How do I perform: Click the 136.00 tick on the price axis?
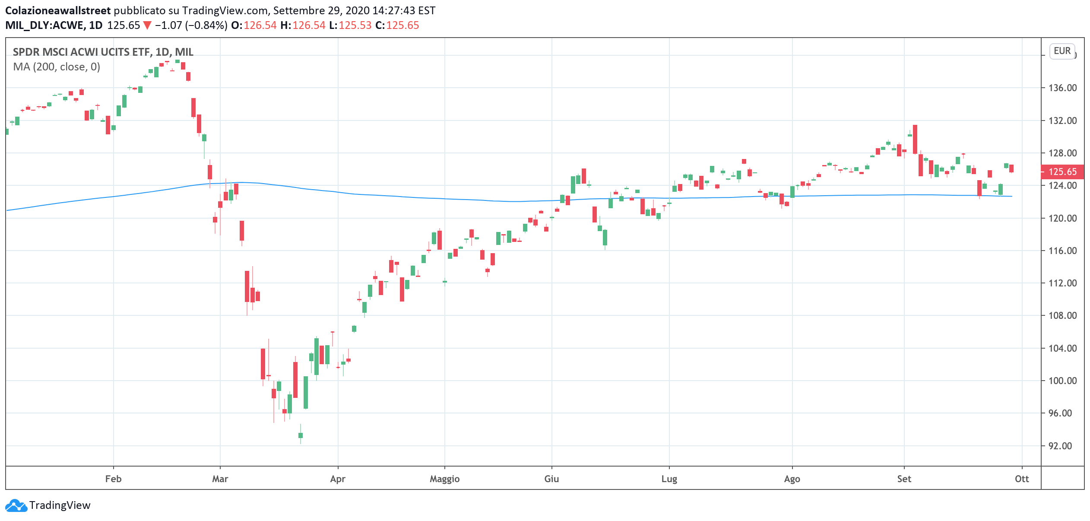[1062, 88]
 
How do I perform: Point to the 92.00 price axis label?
[1060, 446]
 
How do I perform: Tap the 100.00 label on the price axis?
[1062, 381]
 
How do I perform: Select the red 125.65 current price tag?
[1062, 172]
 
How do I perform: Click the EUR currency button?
[1062, 51]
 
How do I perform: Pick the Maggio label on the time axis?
[444, 479]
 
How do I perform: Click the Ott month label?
[1022, 479]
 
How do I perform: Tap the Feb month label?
[113, 479]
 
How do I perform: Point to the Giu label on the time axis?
[551, 479]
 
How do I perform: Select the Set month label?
[904, 479]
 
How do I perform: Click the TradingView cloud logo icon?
[16, 505]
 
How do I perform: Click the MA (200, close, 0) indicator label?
[57, 67]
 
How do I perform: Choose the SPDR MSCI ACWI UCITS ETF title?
[103, 52]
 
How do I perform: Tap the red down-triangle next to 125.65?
[147, 25]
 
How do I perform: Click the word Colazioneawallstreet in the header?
[58, 10]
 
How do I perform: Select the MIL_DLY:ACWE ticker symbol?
[45, 25]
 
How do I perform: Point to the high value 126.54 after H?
[309, 25]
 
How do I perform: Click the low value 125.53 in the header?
[355, 25]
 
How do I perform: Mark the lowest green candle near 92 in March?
[301, 435]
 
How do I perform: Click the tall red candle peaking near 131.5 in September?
[915, 139]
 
